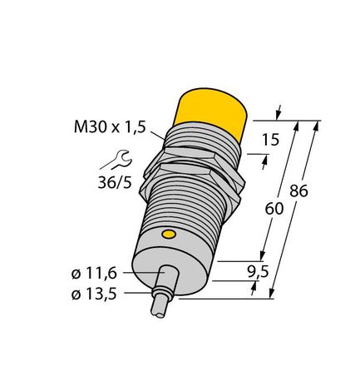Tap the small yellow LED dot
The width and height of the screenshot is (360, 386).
[x=170, y=235]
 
